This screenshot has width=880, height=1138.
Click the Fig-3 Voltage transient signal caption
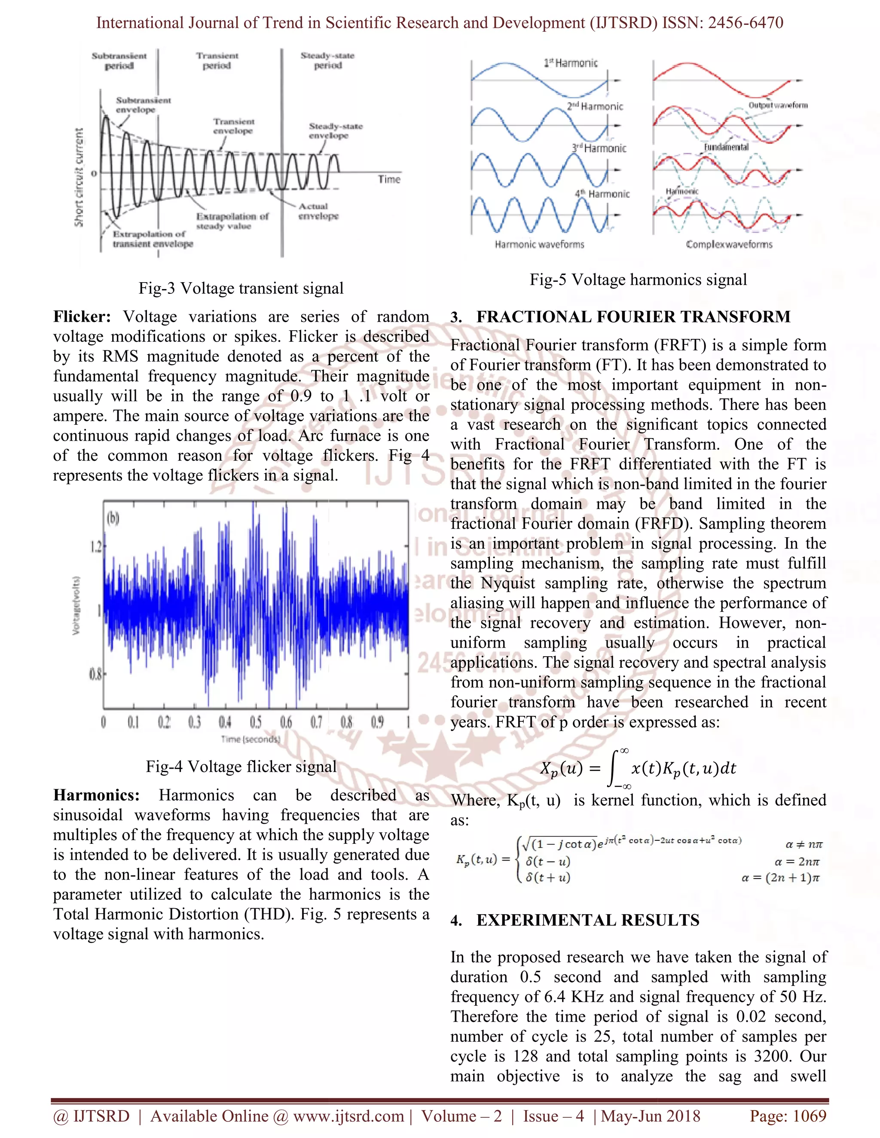241,288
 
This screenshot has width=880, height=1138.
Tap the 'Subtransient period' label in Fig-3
119,61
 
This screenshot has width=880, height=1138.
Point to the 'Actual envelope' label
318,211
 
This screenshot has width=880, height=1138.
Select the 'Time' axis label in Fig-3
389,179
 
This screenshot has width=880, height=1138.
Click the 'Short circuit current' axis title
79,177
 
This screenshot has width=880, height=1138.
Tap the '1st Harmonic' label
571,63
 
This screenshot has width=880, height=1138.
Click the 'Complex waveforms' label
729,244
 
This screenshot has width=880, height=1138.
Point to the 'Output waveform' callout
778,105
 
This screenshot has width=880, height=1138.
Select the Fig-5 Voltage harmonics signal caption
638,280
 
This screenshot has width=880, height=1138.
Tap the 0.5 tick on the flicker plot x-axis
256,722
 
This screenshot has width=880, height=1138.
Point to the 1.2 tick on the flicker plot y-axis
96,547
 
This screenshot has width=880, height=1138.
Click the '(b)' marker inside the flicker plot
113,518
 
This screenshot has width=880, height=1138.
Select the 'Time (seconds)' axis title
250,739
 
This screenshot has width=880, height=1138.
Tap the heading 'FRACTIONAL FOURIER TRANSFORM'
633,317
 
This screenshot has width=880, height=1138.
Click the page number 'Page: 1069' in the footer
788,1116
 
